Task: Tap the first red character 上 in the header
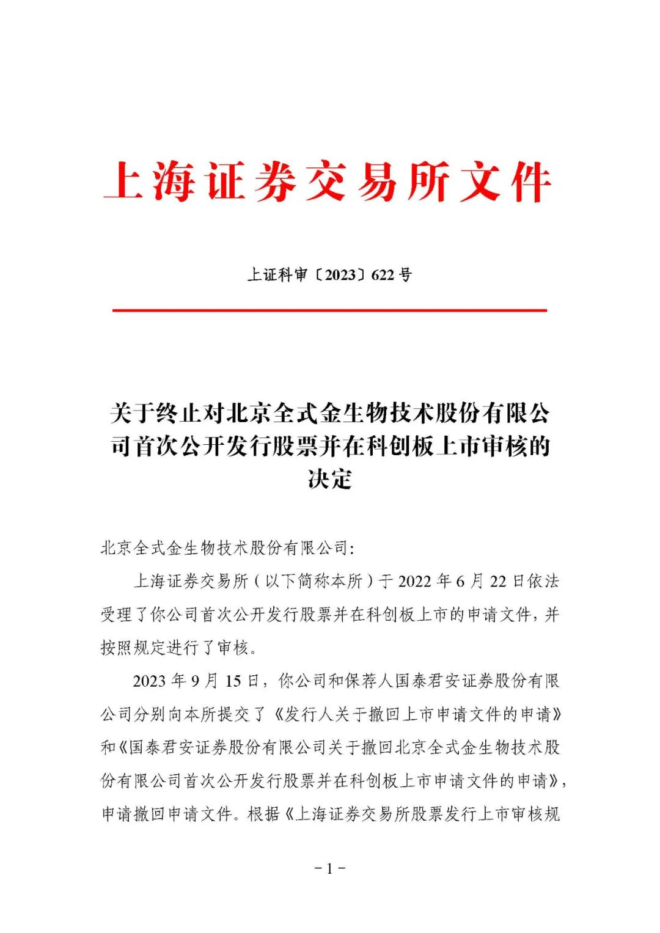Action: tap(124, 181)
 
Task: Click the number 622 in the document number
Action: tap(383, 275)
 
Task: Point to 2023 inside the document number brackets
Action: tap(340, 275)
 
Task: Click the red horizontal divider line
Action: tap(329, 310)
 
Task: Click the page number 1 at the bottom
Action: tap(330, 868)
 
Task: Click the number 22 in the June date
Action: tap(498, 581)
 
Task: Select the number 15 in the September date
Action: tap(233, 681)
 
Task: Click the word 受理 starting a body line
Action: tap(116, 614)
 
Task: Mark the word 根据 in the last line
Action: tap(264, 814)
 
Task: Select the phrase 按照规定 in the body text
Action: tap(133, 648)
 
